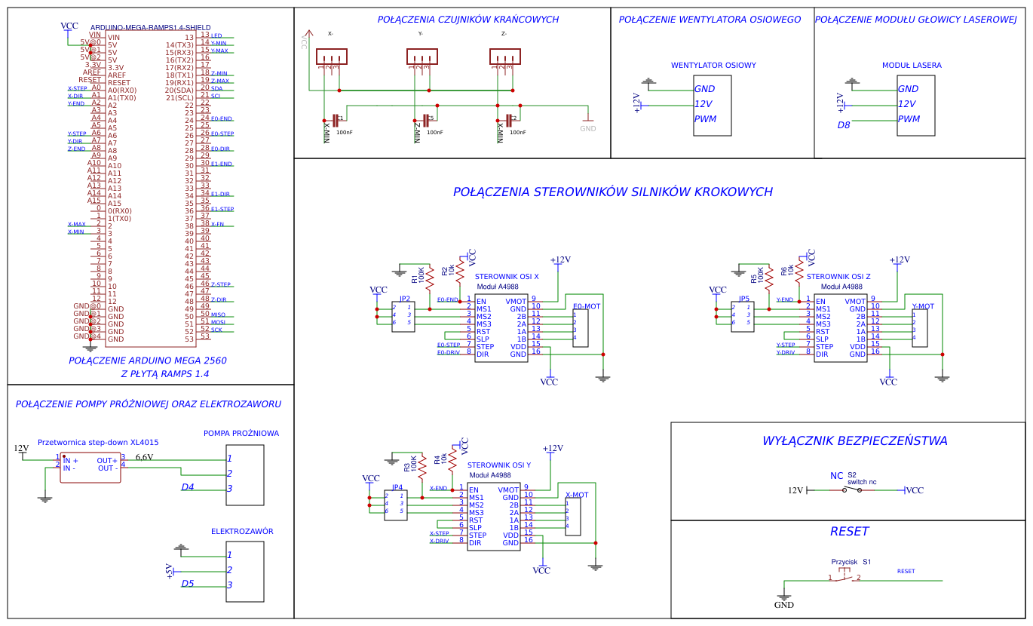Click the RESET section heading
click(849, 532)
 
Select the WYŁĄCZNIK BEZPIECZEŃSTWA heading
click(854, 441)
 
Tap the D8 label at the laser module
click(844, 125)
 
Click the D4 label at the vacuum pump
click(188, 487)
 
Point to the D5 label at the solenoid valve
click(188, 584)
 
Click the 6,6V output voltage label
click(144, 457)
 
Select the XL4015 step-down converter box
click(90, 468)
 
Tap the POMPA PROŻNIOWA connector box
click(245, 475)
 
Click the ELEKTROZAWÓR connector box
click(245, 571)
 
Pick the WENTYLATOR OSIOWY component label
click(713, 66)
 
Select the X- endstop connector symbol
click(331, 57)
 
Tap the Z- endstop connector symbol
click(504, 57)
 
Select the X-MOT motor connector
click(573, 517)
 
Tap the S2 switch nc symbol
click(853, 490)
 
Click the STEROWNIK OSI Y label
click(499, 466)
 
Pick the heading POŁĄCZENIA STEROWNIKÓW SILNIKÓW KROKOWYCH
click(612, 192)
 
